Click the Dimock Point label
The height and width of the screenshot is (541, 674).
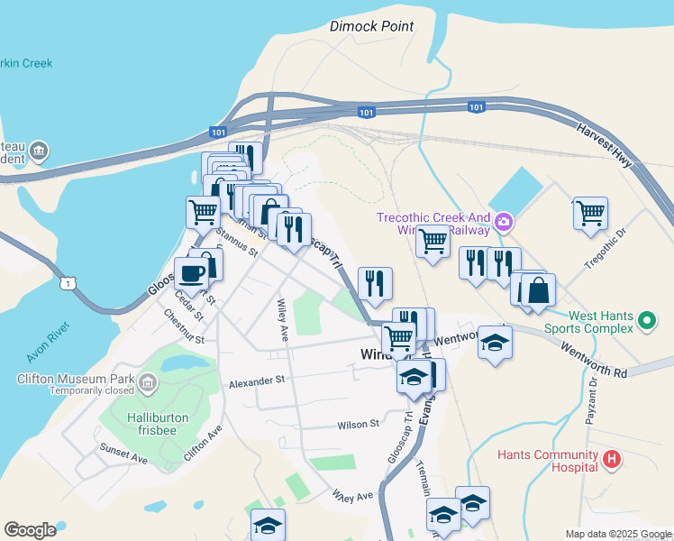pyautogui.click(x=371, y=26)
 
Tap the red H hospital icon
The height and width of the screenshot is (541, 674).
pyautogui.click(x=612, y=460)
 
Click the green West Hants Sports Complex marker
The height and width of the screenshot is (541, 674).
pyautogui.click(x=646, y=321)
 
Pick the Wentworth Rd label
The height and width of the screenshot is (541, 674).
pyautogui.click(x=594, y=361)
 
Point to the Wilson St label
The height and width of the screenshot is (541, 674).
pyautogui.click(x=359, y=424)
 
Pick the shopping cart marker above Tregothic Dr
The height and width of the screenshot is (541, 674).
pyautogui.click(x=590, y=214)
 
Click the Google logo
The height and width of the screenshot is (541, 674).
pyautogui.click(x=30, y=530)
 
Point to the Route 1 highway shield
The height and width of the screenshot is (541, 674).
pyautogui.click(x=68, y=284)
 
